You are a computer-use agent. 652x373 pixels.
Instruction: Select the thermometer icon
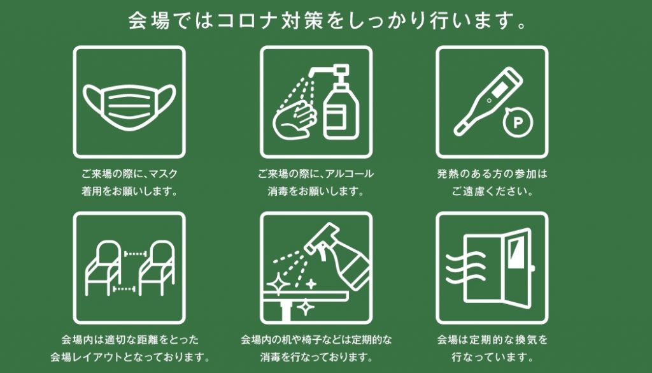pyautogui.click(x=487, y=101)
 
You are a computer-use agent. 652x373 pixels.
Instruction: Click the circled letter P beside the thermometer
pyautogui.click(x=518, y=122)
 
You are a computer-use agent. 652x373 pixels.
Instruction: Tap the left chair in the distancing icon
pyautogui.click(x=104, y=268)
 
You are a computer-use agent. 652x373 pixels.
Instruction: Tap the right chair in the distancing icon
pyautogui.click(x=157, y=268)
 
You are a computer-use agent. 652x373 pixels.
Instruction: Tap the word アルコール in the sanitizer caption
pyautogui.click(x=350, y=173)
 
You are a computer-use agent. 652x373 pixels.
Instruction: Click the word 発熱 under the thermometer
pyautogui.click(x=448, y=173)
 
